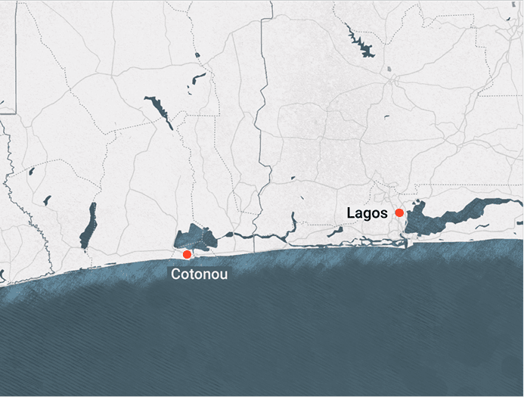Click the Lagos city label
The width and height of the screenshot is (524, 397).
tap(367, 213)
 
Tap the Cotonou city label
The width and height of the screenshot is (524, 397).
tap(199, 274)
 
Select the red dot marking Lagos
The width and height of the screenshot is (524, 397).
tap(399, 213)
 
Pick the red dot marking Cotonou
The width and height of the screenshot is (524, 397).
tap(187, 254)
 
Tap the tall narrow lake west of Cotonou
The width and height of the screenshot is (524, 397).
tap(89, 225)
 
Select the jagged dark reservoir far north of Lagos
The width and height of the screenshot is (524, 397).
tap(361, 43)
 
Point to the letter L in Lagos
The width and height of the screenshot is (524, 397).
tap(351, 213)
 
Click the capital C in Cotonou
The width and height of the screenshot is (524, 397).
tap(175, 274)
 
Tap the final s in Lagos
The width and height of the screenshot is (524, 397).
tap(383, 213)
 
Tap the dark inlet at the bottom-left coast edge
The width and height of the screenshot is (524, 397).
tap(2, 276)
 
